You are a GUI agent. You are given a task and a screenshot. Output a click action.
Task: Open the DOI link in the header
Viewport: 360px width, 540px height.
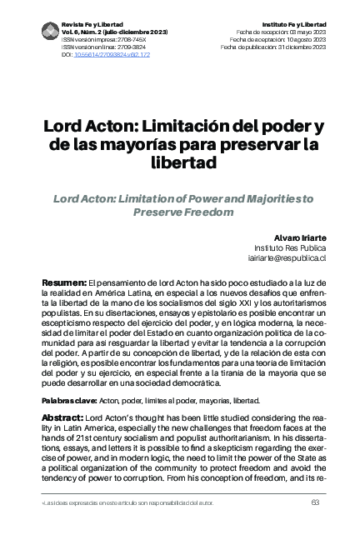[x=106, y=52]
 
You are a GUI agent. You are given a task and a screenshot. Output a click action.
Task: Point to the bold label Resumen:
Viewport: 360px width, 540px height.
[x=64, y=284]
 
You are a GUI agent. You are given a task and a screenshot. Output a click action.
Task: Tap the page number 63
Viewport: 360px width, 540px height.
[x=315, y=502]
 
